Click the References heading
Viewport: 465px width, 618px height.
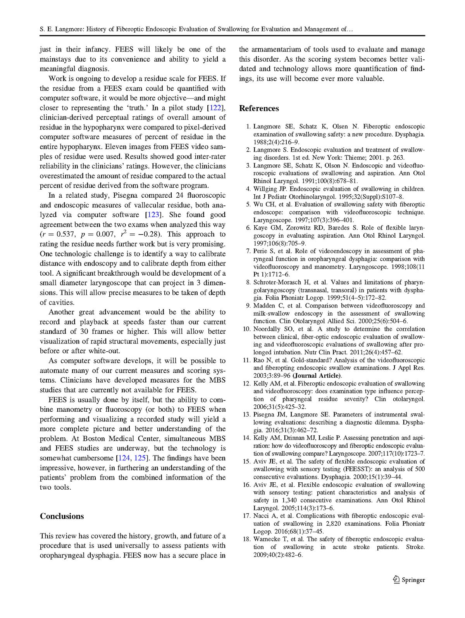[259, 108]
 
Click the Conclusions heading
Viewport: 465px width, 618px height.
[62, 516]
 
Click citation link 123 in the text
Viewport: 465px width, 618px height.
[152, 215]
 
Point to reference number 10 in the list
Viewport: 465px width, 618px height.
[247, 329]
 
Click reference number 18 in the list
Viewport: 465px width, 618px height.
[247, 539]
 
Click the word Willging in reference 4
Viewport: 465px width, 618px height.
[265, 189]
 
